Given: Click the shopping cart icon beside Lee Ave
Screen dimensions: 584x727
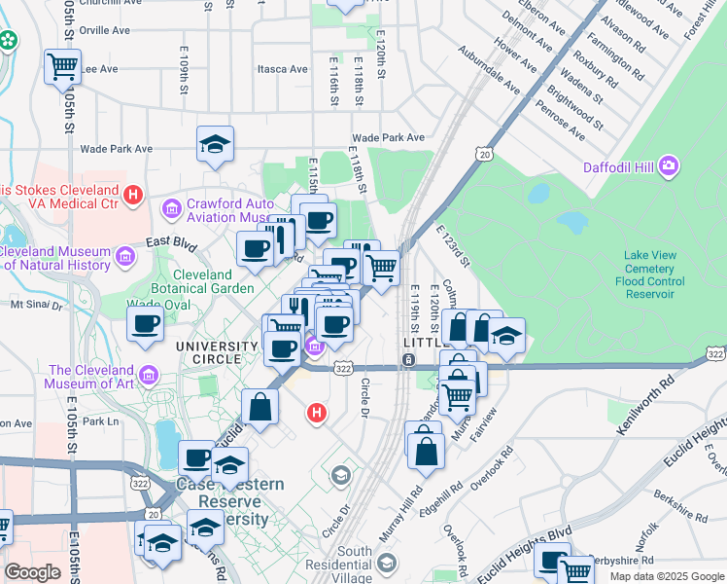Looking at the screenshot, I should (x=62, y=67).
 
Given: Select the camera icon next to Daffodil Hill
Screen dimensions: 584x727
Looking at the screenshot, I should (x=669, y=167).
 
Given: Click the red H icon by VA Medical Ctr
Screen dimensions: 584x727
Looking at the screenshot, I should (x=134, y=197).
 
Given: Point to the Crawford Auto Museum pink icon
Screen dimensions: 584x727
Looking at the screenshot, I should (x=171, y=208).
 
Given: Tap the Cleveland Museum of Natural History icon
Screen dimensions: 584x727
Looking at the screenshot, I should (x=124, y=257).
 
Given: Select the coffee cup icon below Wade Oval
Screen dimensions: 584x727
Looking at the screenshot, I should (x=145, y=324).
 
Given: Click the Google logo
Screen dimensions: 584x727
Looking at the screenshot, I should (x=32, y=572).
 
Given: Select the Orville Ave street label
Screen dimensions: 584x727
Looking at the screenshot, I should (x=105, y=30).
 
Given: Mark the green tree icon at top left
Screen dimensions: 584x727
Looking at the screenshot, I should (x=9, y=41).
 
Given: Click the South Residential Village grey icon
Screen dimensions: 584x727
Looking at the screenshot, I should (x=387, y=564).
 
